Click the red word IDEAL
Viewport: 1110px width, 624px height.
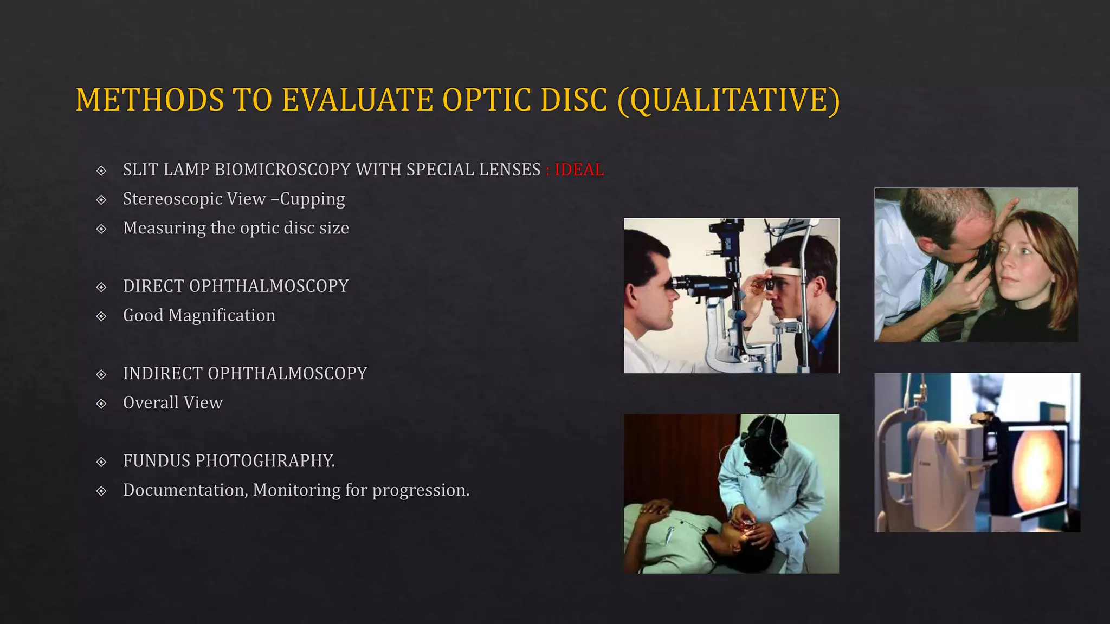point(579,170)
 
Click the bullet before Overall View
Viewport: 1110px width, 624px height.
point(101,404)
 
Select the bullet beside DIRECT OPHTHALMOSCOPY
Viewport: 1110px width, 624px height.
point(101,287)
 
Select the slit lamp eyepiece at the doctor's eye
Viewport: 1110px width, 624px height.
point(679,283)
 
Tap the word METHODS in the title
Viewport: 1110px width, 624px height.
point(150,101)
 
